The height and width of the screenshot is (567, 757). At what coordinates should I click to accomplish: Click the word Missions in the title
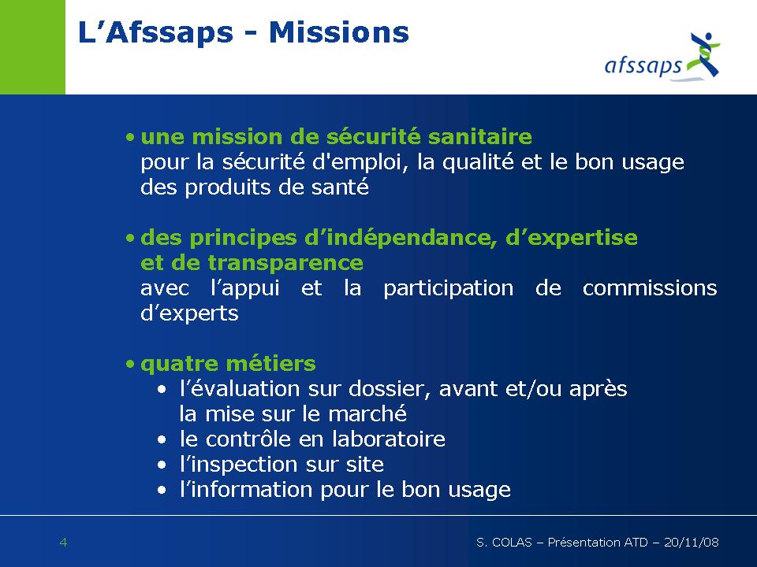coord(339,33)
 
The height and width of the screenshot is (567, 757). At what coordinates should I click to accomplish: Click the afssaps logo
coord(662,56)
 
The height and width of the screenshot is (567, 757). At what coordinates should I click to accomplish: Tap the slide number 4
coord(63,543)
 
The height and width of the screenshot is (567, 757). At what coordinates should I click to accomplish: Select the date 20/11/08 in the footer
coord(692,543)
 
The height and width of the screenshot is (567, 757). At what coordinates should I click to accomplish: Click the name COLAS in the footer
coord(512,543)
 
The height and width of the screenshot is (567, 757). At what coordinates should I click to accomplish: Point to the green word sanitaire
coord(480,137)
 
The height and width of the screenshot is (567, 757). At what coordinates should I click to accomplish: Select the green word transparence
coord(285,263)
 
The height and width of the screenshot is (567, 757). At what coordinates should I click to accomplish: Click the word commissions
coord(650,288)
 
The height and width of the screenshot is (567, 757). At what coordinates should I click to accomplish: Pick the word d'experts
coord(189,313)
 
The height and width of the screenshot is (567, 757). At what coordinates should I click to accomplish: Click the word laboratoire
coord(389,439)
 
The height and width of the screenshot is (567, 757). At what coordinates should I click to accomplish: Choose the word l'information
coord(246,490)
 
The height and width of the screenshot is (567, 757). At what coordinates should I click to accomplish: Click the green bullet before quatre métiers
coord(130,364)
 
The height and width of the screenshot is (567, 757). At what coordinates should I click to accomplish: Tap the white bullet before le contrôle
coord(162,439)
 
